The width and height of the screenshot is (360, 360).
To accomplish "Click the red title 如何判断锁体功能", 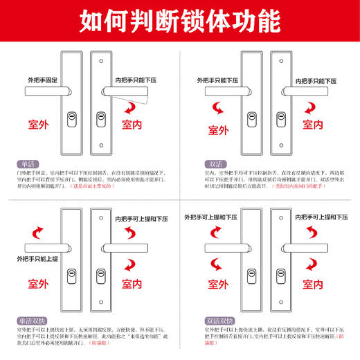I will tap(179, 20).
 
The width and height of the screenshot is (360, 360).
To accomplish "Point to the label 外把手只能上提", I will tap(43, 259).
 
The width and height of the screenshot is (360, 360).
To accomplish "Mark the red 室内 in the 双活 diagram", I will tap(312, 125).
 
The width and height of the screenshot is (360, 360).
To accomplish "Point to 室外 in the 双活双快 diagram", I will tap(220, 285).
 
